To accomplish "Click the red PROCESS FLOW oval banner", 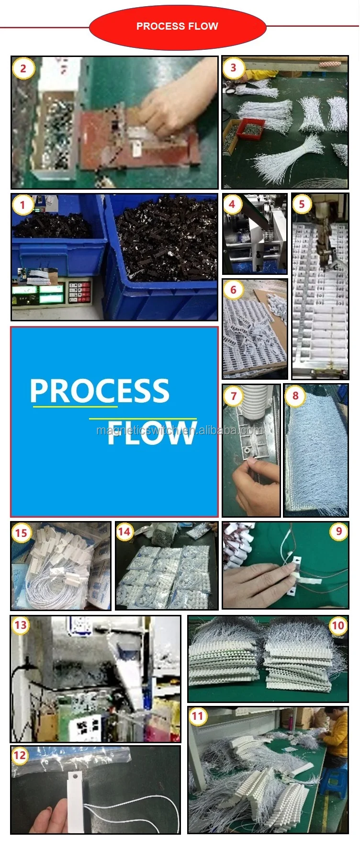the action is [178, 27].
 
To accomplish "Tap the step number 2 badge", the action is [23, 68].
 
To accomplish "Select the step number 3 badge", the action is [233, 68].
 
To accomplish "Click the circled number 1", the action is [22, 205].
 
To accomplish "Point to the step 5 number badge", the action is [302, 204].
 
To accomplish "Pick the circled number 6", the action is [233, 290].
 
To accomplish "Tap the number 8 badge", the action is [295, 396].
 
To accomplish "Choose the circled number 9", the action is [339, 531].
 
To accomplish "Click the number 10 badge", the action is [338, 625].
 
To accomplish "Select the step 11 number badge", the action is [198, 716].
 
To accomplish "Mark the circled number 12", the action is [20, 756].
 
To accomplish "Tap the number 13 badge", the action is [21, 625].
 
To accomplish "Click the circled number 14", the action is [124, 532].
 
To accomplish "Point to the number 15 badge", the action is [21, 533].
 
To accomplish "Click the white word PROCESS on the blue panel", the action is [100, 391].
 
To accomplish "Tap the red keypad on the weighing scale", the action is [79, 292].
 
